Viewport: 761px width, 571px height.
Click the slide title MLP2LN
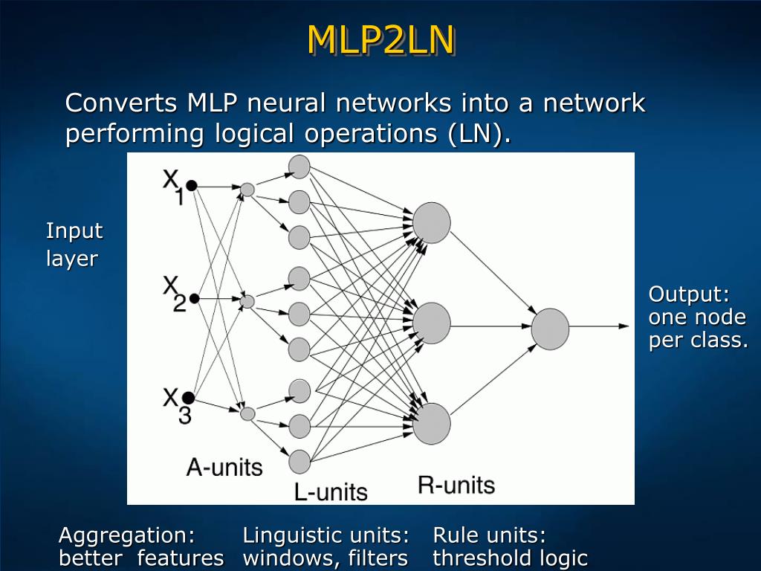click(380, 40)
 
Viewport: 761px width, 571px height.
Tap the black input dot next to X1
click(191, 185)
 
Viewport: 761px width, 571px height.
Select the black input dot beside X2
click(195, 299)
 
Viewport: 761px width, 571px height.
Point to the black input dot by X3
click(189, 397)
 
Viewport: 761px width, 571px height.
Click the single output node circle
click(550, 329)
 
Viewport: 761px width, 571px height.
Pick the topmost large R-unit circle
click(432, 222)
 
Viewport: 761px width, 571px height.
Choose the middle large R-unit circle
click(432, 323)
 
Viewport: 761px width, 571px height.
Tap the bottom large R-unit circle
click(432, 423)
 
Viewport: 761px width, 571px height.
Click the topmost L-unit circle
click(299, 167)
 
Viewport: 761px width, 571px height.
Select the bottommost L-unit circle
click(299, 462)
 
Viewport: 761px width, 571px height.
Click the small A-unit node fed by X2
click(248, 301)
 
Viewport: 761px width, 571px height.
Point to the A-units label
click(224, 467)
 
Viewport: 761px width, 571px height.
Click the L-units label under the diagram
click(331, 491)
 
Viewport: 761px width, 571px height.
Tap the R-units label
click(456, 485)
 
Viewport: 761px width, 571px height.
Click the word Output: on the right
click(689, 294)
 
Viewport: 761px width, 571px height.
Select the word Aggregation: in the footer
click(126, 535)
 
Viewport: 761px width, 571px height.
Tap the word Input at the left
click(74, 230)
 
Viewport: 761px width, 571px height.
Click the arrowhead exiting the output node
click(624, 326)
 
